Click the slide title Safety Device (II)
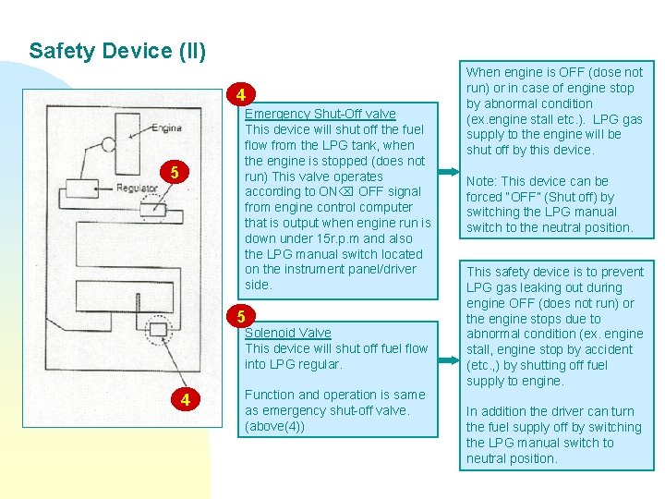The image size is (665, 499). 116,51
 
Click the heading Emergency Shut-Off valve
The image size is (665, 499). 320,114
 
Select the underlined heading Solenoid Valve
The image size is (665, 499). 287,333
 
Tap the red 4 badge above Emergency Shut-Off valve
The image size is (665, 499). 240,95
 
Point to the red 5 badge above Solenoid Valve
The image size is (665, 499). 240,316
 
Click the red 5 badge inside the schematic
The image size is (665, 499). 173,172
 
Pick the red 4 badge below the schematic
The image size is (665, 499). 186,399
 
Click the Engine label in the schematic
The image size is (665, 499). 165,128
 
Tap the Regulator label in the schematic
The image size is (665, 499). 136,188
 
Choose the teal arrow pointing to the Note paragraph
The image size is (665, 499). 448,173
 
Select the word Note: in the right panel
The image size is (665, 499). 485,181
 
